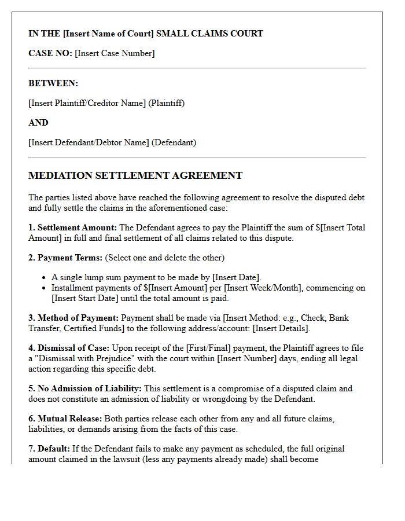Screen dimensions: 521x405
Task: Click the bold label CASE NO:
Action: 50,53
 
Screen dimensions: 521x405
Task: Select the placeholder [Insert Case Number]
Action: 115,53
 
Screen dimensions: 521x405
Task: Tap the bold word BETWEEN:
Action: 53,83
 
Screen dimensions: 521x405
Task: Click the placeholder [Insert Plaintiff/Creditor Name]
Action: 87,103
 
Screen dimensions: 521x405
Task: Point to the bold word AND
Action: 38,123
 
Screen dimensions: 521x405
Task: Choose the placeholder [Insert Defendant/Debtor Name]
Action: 89,142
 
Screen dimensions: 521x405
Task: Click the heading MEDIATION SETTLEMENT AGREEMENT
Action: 135,175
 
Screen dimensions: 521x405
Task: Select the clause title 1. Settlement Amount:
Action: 72,228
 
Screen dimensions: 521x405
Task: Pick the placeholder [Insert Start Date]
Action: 84,298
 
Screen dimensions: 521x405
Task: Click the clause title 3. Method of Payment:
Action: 73,318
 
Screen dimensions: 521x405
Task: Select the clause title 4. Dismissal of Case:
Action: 69,348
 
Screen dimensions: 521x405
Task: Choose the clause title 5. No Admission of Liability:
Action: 85,388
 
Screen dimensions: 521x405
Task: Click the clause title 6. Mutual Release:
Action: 65,419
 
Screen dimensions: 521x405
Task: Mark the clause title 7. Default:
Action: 49,449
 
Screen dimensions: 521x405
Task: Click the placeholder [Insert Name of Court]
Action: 108,34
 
